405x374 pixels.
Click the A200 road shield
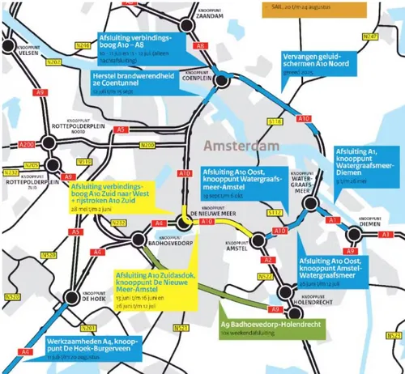tap(26, 143)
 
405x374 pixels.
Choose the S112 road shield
tap(275, 212)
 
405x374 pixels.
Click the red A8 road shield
tap(199, 48)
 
